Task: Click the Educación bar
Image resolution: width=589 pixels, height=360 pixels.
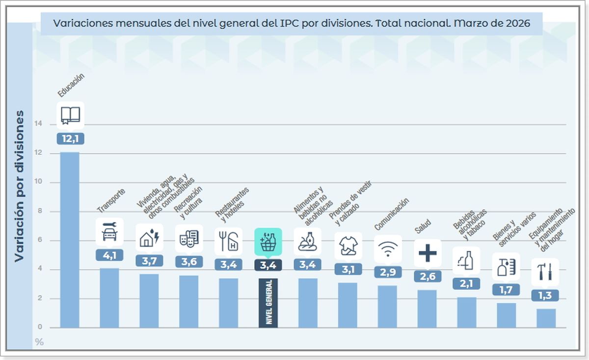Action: (x=70, y=240)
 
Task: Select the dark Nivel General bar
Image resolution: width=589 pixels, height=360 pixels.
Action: (x=268, y=302)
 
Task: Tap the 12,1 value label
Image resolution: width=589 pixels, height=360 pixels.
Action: (x=70, y=138)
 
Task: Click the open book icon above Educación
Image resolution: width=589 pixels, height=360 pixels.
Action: (x=70, y=115)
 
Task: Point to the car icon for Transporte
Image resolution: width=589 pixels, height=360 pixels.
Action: (x=109, y=231)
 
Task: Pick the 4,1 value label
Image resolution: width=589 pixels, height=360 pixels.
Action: (x=109, y=255)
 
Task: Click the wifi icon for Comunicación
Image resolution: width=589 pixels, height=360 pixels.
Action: (x=387, y=249)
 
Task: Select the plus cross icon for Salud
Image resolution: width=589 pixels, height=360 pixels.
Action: (x=428, y=253)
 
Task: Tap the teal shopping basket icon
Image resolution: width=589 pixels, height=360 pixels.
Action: (x=268, y=242)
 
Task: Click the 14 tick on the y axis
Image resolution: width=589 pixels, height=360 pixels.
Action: (x=38, y=124)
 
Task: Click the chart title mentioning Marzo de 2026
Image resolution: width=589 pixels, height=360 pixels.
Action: (x=292, y=23)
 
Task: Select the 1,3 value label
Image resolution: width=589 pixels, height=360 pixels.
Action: (x=546, y=295)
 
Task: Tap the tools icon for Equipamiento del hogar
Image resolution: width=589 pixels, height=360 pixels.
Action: (x=545, y=272)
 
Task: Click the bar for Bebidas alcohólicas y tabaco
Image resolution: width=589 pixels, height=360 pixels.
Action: (x=466, y=312)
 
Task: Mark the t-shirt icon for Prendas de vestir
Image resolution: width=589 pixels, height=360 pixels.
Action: (x=348, y=246)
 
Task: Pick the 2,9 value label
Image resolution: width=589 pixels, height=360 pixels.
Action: (x=387, y=272)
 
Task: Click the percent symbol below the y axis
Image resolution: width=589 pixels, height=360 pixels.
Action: (x=39, y=342)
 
